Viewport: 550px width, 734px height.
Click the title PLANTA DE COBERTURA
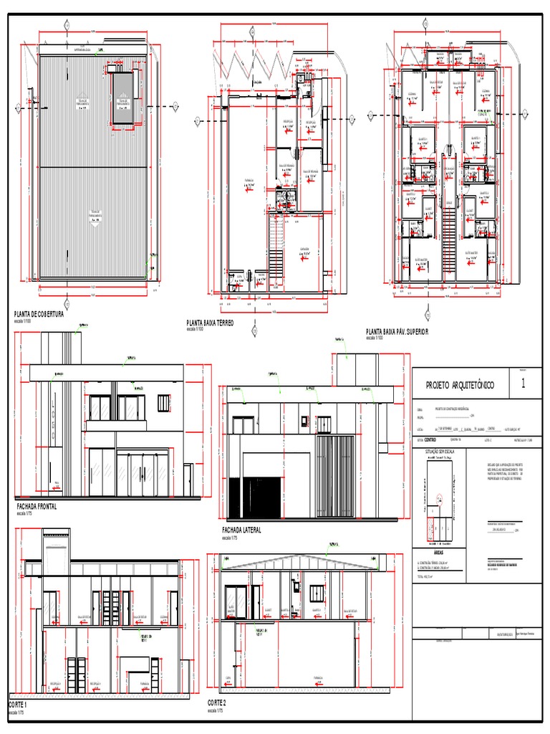[x=39, y=315]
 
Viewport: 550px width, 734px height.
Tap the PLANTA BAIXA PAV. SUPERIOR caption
[x=397, y=333]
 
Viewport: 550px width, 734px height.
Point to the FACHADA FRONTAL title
[x=37, y=505]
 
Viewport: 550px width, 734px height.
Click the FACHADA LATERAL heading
[x=242, y=530]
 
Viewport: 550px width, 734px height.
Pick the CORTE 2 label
[x=217, y=701]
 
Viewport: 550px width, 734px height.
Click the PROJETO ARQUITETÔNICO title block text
[x=460, y=385]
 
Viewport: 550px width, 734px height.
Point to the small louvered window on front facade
[x=164, y=404]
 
